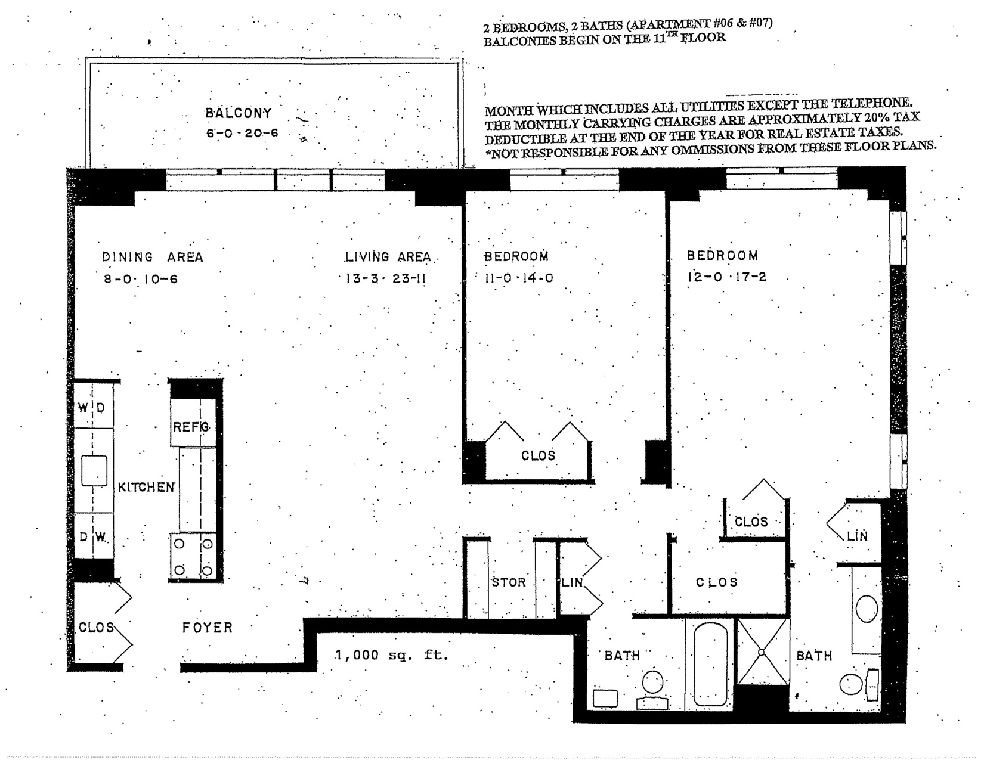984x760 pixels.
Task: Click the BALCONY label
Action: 238,113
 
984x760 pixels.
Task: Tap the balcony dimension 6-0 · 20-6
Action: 242,133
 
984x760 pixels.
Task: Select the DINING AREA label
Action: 153,257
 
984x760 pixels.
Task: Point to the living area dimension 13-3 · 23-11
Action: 386,278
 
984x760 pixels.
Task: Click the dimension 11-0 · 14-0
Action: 519,278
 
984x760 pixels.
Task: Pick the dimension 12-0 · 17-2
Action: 726,277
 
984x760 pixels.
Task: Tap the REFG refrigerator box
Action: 193,423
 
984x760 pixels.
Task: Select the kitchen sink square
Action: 94,471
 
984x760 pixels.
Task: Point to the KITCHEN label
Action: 146,487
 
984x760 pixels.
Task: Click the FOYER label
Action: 208,628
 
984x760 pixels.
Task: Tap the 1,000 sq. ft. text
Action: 391,655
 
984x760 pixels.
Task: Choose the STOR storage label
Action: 509,582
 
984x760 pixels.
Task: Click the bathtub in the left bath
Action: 710,664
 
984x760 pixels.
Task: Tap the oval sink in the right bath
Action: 867,609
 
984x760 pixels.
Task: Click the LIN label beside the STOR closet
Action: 572,582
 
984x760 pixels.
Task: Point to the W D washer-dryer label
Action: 91,408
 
